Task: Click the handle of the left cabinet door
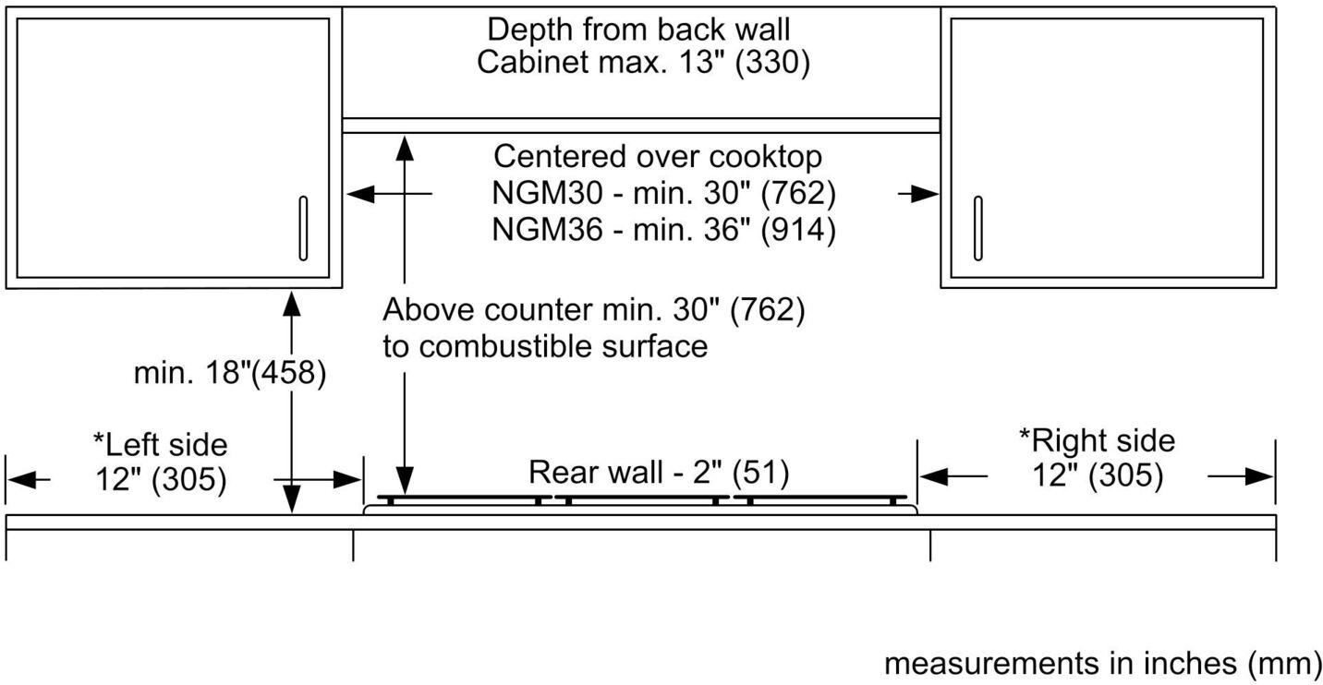303,227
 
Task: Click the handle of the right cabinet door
978,227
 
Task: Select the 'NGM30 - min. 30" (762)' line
663,194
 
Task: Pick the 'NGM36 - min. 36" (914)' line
663,228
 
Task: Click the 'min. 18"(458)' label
230,374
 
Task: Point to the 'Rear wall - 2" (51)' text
659,473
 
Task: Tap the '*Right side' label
1097,439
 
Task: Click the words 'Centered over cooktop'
658,156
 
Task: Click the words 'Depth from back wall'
639,29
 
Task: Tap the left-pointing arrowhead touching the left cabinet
358,194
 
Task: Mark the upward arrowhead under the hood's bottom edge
405,146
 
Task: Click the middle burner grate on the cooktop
641,499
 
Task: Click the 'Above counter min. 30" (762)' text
594,310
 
